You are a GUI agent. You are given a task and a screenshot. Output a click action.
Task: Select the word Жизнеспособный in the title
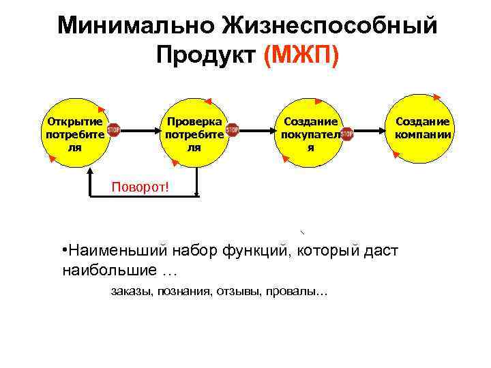[328, 25]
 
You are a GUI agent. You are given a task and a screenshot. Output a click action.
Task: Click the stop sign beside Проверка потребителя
[232, 129]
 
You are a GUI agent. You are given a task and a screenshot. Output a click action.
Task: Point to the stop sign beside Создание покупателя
[347, 133]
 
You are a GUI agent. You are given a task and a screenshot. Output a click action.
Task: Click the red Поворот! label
[140, 187]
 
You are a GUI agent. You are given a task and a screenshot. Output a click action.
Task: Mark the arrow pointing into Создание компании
[372, 129]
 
